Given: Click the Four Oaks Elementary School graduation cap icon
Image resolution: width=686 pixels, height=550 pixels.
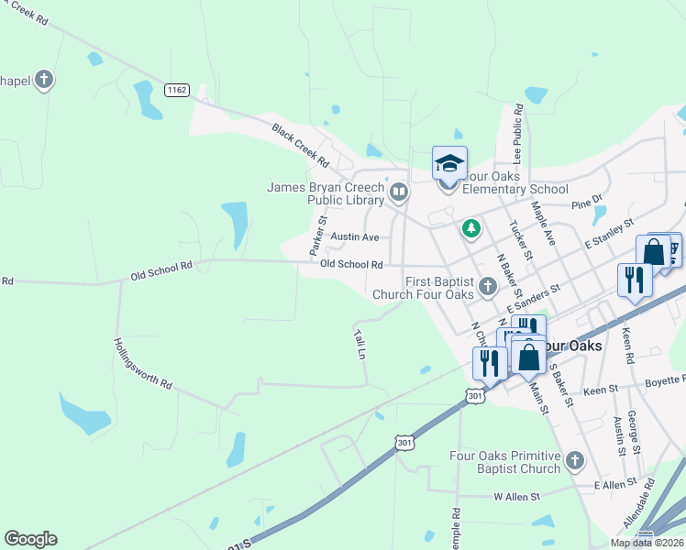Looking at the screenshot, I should coord(449,164).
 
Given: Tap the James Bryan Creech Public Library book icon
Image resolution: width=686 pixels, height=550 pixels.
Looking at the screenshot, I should coord(399,192).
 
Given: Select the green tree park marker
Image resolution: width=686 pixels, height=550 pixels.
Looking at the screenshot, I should coord(471,227).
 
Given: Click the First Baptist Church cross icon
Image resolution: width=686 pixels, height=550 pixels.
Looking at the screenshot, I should coord(487,286).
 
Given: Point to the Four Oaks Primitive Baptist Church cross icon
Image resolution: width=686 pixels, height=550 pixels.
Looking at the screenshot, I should coord(575,460).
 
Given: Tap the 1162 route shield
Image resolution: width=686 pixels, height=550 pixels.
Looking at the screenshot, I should coord(177,90).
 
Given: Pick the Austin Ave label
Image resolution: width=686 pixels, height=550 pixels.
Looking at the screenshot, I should coord(355,236).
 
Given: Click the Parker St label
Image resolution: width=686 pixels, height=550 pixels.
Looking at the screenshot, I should coord(318,236).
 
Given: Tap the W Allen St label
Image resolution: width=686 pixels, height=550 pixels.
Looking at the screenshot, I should coord(517,496).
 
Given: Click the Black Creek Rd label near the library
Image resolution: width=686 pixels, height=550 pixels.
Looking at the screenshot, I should coord(300,145).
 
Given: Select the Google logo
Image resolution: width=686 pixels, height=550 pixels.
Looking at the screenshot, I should coord(31,539).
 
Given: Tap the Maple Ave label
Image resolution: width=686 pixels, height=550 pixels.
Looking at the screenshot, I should coord(544,225).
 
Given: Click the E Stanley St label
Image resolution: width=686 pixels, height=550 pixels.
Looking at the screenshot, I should coord(609,235).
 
